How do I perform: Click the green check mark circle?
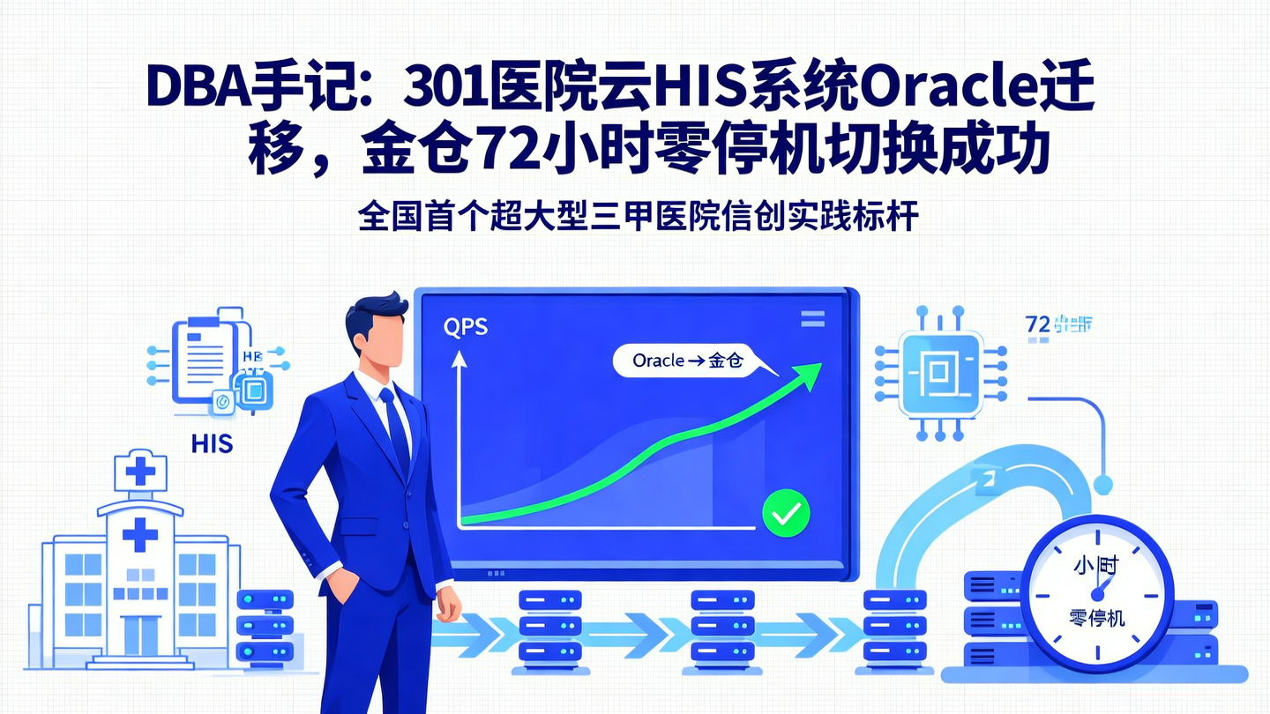[x=785, y=512]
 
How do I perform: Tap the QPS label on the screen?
[x=465, y=327]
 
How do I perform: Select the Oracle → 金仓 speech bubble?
[x=688, y=360]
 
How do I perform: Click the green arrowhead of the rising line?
[x=809, y=374]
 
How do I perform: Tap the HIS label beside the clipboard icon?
[x=212, y=443]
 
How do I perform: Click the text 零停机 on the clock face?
[x=1096, y=617]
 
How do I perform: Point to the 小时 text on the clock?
[x=1096, y=565]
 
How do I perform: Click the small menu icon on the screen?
[x=811, y=319]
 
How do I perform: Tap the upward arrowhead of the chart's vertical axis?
[x=459, y=358]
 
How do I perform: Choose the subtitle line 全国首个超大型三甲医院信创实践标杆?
[x=639, y=217]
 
